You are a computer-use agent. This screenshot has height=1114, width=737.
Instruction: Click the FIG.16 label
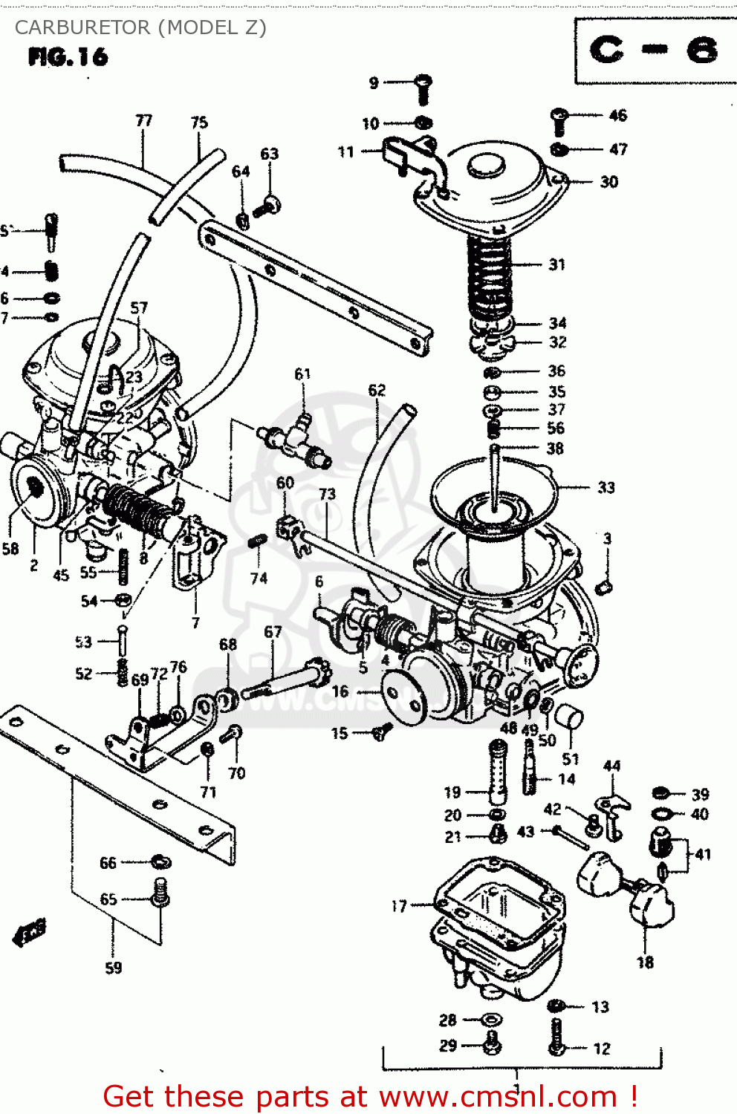point(68,57)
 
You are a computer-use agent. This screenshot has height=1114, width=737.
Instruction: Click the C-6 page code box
point(654,51)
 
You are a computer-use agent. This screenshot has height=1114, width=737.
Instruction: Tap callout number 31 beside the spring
point(556,264)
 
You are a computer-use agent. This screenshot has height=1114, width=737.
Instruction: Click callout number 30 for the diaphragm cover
point(609,182)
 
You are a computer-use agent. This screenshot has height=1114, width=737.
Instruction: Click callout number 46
point(617,115)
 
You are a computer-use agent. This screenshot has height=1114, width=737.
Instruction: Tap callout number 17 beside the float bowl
point(399,906)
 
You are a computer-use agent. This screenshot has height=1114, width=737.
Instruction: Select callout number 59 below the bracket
point(113,968)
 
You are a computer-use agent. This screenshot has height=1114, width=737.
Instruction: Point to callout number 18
point(645,962)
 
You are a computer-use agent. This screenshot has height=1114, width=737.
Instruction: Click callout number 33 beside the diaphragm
point(606,488)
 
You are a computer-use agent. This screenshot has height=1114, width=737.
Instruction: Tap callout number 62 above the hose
point(377,390)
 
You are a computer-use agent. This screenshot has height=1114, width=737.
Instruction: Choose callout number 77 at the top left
point(143,120)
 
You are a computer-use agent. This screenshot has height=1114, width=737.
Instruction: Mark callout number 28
point(447,1020)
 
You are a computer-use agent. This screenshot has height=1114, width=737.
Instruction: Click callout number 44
point(611,766)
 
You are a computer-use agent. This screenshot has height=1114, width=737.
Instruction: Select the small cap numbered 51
point(571,717)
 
